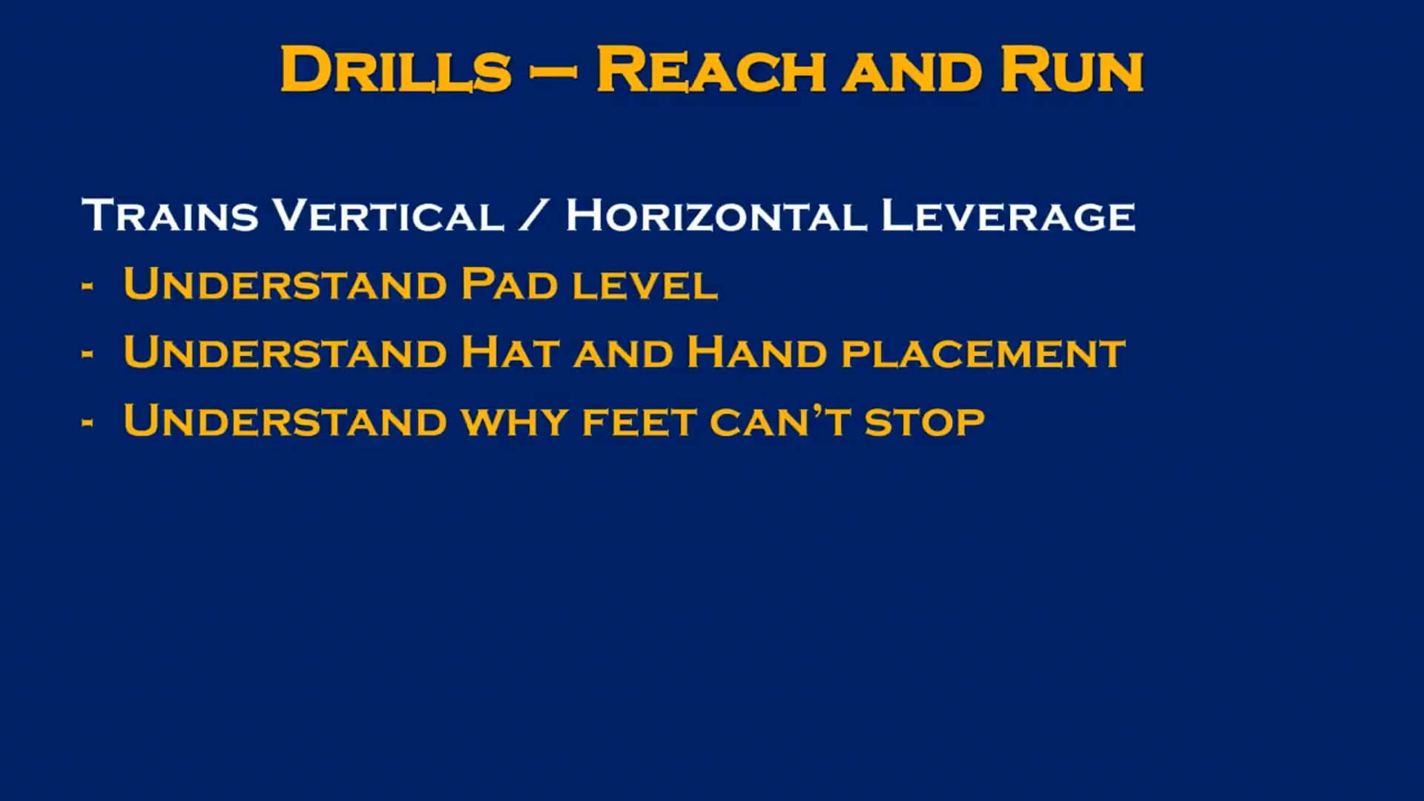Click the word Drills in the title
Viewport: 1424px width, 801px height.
(x=396, y=70)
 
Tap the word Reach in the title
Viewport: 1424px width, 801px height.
(x=711, y=70)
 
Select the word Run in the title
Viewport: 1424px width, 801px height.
(x=1072, y=70)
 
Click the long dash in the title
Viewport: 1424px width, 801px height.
(x=553, y=72)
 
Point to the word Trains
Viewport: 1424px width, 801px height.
(x=170, y=215)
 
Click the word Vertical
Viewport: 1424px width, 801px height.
(x=389, y=215)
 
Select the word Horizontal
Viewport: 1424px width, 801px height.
(x=716, y=215)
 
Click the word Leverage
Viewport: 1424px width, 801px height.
(x=1008, y=215)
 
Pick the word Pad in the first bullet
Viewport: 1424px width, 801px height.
(x=509, y=284)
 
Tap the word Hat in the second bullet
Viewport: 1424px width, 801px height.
(x=510, y=352)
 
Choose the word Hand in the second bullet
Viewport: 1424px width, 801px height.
(x=756, y=352)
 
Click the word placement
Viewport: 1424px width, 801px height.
(x=983, y=355)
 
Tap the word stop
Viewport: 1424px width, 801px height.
(x=924, y=423)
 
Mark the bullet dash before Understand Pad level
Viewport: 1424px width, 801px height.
(x=88, y=286)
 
